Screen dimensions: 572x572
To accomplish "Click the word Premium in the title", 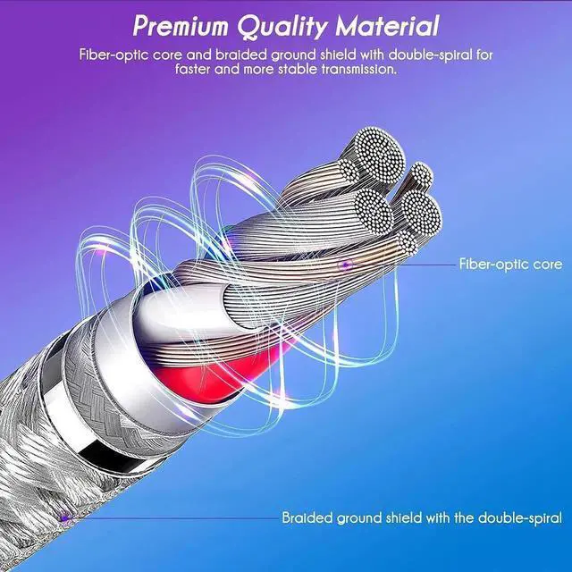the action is point(187,24).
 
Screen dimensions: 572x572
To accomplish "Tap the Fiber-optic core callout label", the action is point(510,265).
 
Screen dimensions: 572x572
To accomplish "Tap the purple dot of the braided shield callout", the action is point(64,517).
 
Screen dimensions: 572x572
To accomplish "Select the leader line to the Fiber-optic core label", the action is point(402,264).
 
